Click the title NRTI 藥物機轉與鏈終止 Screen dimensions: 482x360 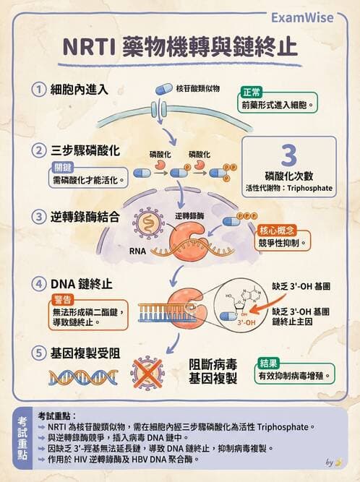point(179,46)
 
